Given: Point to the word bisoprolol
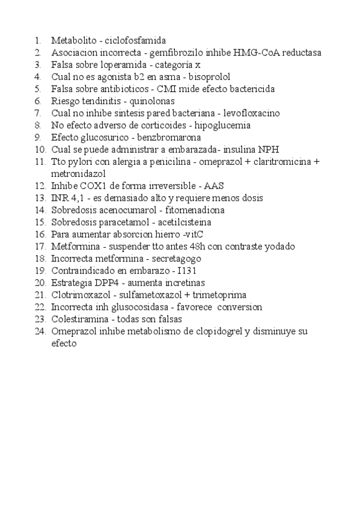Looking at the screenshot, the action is [x=209, y=77].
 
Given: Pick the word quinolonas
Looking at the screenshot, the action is [x=153, y=101].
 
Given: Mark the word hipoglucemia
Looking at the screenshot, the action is [x=222, y=126].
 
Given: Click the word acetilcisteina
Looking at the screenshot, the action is [x=175, y=222].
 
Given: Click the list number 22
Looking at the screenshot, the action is [x=40, y=307].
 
